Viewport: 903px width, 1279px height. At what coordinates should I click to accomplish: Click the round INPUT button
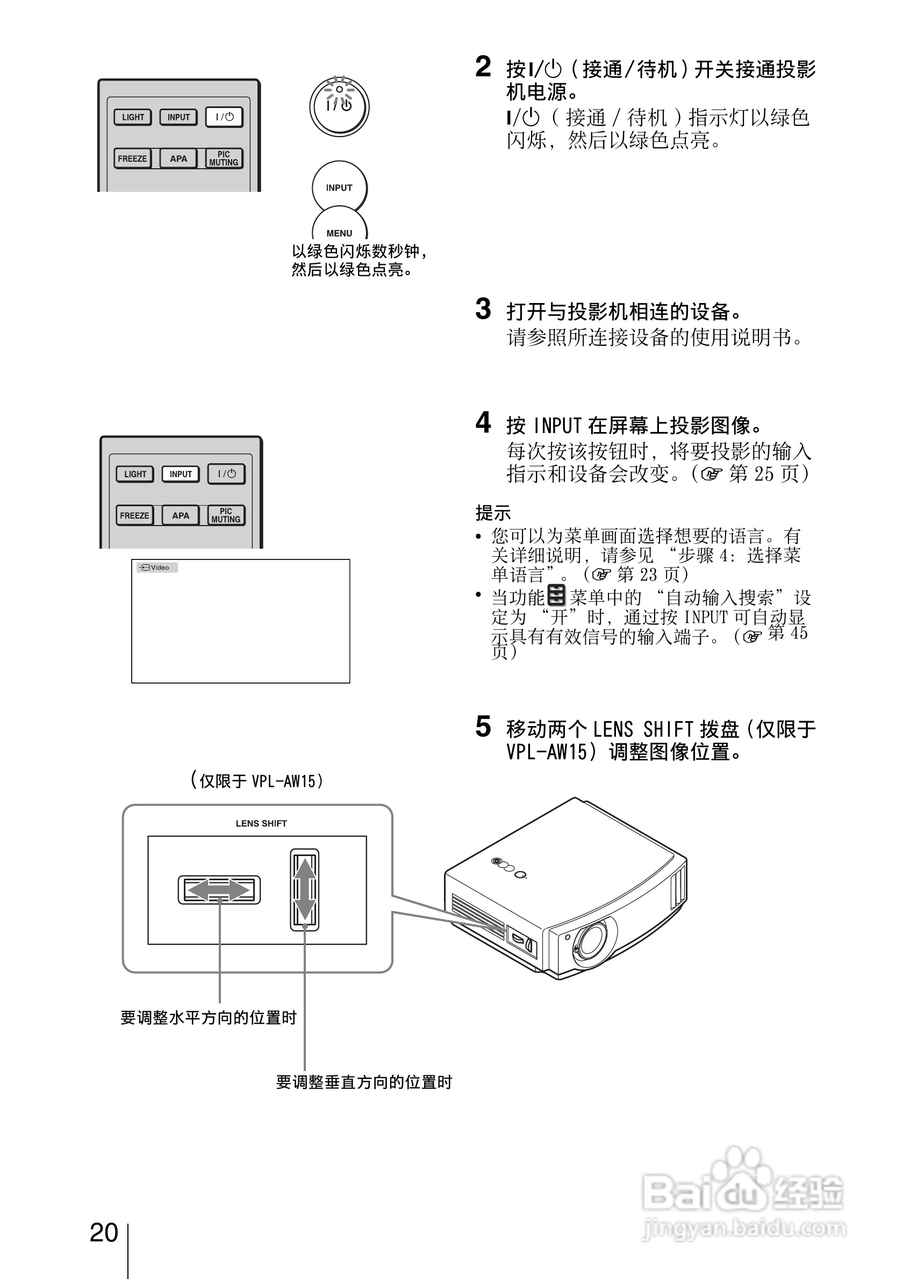click(339, 188)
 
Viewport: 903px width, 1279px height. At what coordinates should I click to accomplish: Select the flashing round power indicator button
click(339, 106)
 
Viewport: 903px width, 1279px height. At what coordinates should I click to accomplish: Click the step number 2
click(483, 67)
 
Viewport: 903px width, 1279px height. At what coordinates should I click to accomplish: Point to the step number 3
click(483, 309)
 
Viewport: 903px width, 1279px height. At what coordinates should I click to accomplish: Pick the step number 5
click(483, 727)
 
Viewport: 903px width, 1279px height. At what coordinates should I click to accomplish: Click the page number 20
click(104, 1232)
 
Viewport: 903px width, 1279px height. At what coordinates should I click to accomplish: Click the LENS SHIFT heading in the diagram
click(261, 823)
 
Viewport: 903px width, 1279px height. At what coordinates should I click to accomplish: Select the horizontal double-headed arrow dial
click(219, 889)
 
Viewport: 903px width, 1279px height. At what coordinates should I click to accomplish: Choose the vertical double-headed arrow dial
click(304, 889)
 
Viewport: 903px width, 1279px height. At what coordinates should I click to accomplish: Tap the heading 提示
click(492, 513)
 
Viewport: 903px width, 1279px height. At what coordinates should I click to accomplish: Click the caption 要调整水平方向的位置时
click(209, 1018)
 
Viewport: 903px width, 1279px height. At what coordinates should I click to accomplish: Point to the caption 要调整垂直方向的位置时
click(364, 1082)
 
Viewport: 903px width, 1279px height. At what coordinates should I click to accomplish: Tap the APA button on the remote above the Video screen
click(180, 515)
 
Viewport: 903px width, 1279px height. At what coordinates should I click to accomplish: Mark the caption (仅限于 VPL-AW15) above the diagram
click(257, 780)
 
